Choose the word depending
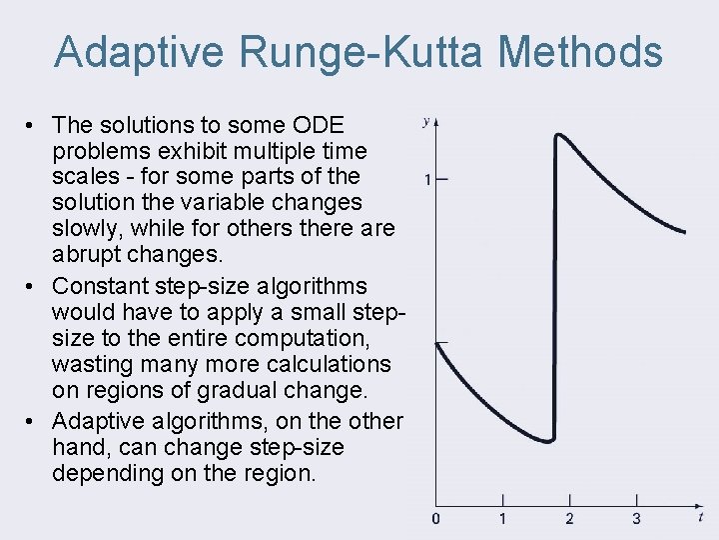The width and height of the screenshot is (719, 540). point(97,473)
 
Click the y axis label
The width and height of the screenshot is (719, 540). point(426,122)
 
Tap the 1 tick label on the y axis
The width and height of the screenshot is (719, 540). point(427,180)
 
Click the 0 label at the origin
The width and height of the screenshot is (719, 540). point(435,519)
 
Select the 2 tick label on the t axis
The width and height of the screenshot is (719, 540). point(569,519)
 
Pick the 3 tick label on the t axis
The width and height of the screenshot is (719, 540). point(636,519)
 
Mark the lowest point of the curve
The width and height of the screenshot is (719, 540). point(548,440)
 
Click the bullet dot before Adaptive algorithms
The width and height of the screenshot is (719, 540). point(33,421)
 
